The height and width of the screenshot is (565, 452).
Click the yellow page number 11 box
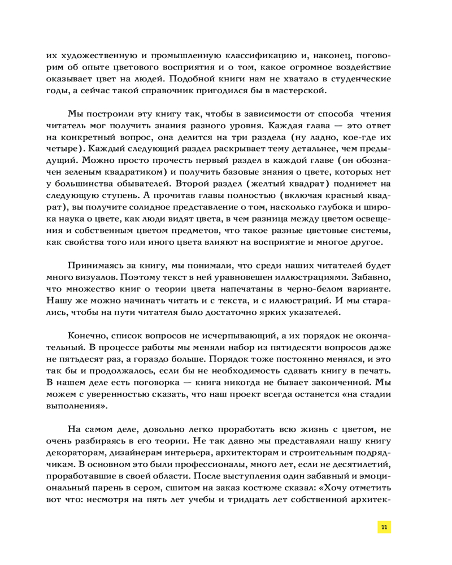tap(384, 527)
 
